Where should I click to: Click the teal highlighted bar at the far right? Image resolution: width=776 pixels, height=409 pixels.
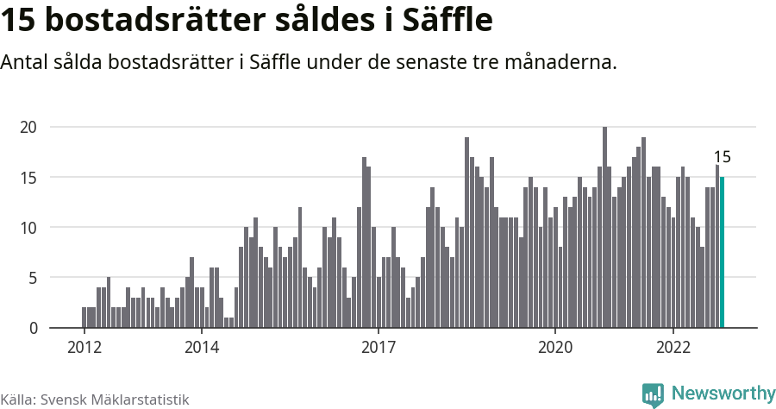723,252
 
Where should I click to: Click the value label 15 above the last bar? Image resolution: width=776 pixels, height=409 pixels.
723,157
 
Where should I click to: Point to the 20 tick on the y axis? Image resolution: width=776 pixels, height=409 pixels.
29,127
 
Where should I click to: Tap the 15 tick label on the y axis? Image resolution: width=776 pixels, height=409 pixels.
29,177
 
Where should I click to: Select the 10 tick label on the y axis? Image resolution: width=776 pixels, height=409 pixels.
29,228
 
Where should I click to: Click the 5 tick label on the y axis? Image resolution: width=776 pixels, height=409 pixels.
34,278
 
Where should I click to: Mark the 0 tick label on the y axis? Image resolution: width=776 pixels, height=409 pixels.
34,328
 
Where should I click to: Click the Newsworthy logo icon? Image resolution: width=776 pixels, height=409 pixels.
654,394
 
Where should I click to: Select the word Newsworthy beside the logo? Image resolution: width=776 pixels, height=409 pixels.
723,393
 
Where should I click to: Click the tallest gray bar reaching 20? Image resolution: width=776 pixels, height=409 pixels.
604,227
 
